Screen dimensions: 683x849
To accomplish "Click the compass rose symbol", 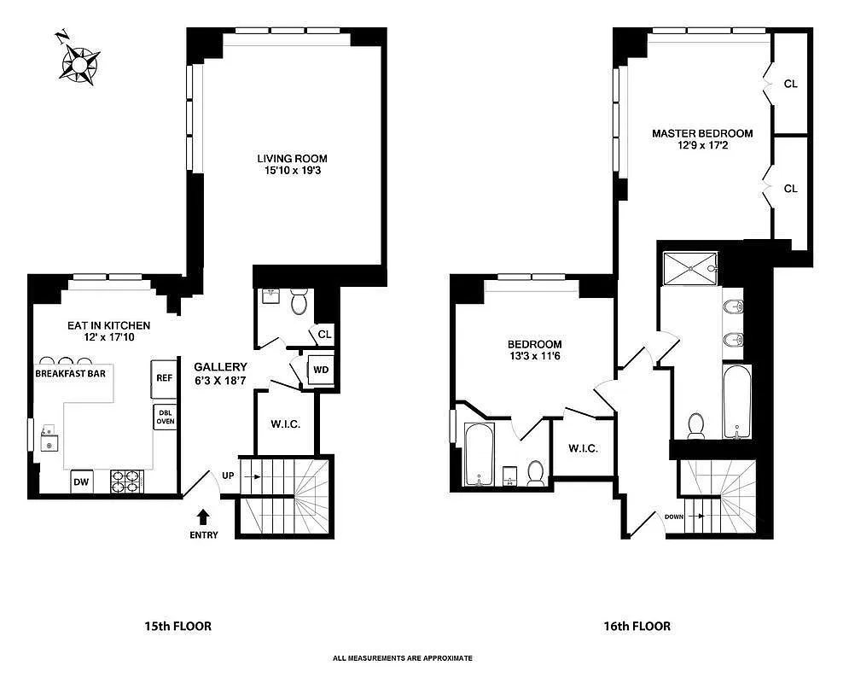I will click(x=80, y=61).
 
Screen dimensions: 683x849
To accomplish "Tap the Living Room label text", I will click(x=293, y=159).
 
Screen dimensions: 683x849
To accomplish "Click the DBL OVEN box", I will click(x=165, y=417).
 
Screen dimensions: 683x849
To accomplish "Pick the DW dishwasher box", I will click(x=82, y=482).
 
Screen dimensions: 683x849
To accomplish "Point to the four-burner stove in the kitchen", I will click(x=127, y=482).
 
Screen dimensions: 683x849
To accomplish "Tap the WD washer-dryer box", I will click(x=321, y=370).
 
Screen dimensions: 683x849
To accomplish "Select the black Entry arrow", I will click(x=203, y=517).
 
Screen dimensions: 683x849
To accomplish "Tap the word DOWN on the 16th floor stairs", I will click(x=674, y=517).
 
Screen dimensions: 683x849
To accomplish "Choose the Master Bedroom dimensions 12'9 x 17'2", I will click(x=702, y=146).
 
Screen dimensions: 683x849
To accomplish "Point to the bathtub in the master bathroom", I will click(x=736, y=401).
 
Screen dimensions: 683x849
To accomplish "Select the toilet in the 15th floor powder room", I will click(x=299, y=303).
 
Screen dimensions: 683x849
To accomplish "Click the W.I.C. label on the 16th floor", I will click(x=583, y=449).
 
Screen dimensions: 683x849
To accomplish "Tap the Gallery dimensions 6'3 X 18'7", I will click(x=220, y=380).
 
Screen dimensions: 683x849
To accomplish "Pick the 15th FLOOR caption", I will click(x=177, y=626).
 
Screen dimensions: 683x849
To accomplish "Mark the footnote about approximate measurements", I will click(x=403, y=658).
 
